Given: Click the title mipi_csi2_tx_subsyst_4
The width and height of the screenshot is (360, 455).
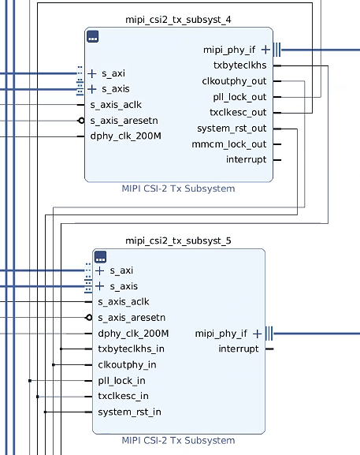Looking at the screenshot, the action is coord(178,20).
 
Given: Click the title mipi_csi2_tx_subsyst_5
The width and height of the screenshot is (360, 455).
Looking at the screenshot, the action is coord(178,241).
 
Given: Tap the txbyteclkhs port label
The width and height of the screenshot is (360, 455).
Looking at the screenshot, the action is coord(239,65).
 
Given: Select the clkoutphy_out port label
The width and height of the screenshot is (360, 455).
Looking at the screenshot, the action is coord(234,81).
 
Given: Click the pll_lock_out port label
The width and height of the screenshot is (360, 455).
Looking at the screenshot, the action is coord(239,97).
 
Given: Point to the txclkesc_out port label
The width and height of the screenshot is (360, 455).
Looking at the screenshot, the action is coord(238,112).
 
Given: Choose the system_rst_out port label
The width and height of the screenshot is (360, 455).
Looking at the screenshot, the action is coord(232,129).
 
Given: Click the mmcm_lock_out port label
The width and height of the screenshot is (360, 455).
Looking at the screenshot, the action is coord(229,144).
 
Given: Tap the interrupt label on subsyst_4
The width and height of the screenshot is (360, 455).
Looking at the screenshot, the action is coord(246,159).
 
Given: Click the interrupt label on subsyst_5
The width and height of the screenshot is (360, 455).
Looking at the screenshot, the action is coord(238,349).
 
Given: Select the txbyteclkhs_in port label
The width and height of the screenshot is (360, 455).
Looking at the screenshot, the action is coord(131,349).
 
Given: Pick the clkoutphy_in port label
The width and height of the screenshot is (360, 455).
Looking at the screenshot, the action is coord(127,365).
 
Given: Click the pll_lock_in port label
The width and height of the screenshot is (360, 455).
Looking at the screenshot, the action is coord(121,380).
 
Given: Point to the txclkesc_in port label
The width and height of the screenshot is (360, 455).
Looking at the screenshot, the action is coord(123,396).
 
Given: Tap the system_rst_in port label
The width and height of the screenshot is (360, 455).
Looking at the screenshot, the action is coord(129,412).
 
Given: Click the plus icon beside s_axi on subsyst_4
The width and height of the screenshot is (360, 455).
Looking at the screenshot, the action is coord(92,73).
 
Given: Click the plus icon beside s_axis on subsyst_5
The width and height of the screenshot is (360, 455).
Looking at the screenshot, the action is coord(100,286).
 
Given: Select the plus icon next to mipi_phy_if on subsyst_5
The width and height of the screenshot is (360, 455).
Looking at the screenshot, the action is coord(257,334).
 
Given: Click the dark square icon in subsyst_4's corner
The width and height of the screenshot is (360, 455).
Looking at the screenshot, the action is coord(93,36).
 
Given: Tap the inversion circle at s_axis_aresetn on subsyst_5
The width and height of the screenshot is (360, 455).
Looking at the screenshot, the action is coord(89,318).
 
